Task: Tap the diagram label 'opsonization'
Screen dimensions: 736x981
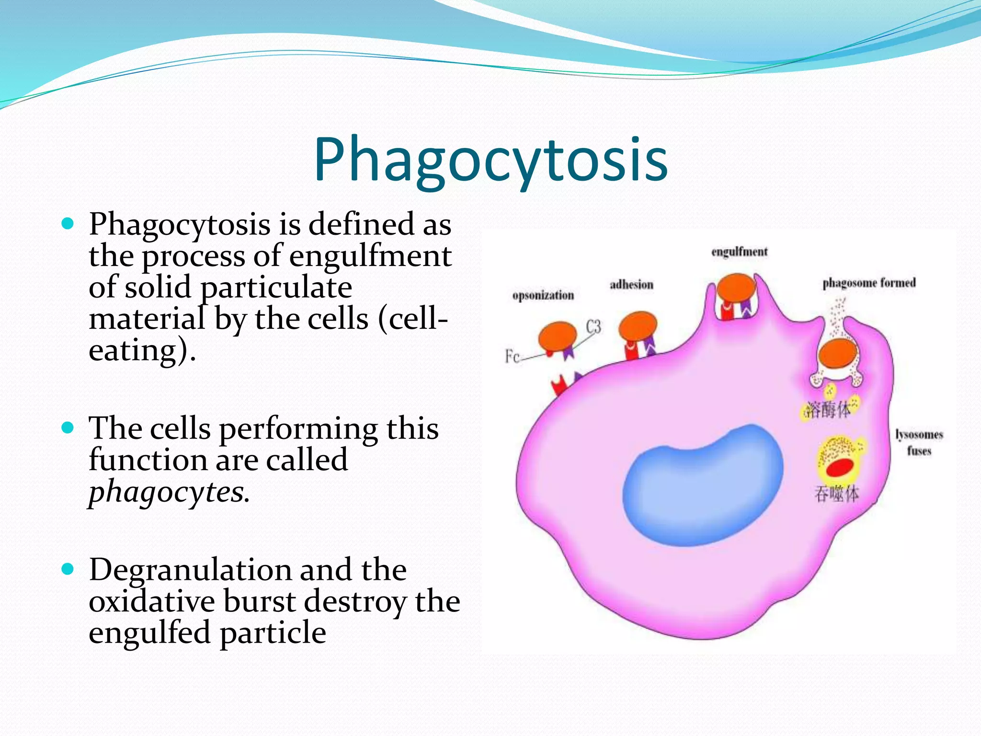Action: click(x=543, y=295)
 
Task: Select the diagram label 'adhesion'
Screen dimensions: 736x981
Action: click(x=631, y=285)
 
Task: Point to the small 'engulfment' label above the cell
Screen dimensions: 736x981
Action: click(x=739, y=252)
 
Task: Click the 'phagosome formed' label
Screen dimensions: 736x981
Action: click(x=869, y=283)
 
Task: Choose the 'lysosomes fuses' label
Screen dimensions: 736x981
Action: click(x=919, y=442)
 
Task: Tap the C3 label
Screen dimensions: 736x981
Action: click(x=593, y=327)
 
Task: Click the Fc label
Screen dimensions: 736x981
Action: click(x=512, y=356)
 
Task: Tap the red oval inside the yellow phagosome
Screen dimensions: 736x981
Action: click(x=840, y=467)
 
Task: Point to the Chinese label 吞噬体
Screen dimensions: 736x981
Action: click(x=836, y=494)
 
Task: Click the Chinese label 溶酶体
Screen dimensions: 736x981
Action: click(x=828, y=410)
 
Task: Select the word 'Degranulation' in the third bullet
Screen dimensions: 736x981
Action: click(x=190, y=570)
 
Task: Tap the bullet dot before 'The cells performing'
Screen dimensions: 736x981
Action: click(x=68, y=427)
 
